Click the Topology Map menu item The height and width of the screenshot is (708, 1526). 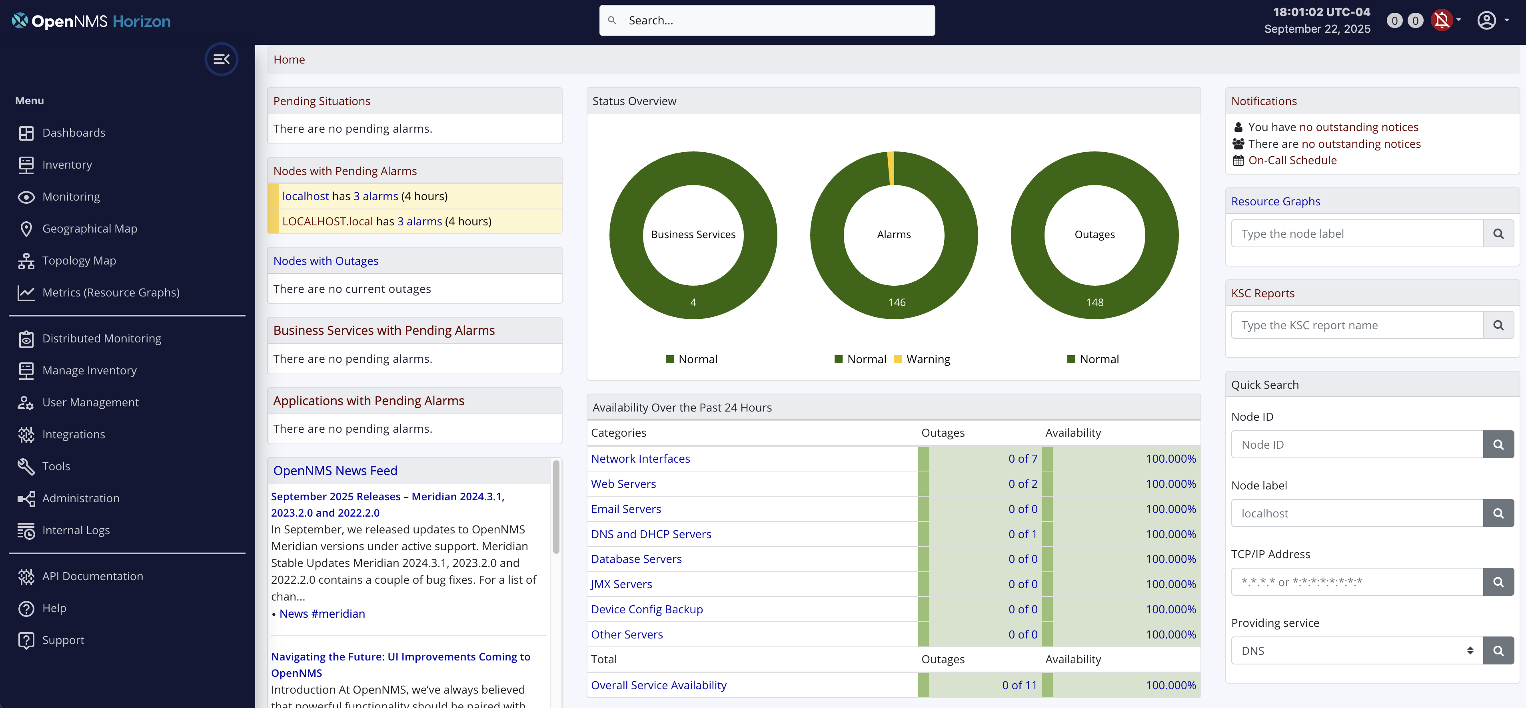click(79, 261)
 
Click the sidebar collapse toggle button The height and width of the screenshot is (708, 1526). click(221, 59)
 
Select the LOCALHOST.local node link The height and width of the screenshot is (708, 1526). click(327, 221)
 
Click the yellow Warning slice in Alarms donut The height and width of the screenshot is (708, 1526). click(891, 169)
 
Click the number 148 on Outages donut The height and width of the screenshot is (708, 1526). click(1094, 302)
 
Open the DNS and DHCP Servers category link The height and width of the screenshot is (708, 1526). click(651, 534)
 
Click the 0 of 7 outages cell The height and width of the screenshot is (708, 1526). click(1023, 459)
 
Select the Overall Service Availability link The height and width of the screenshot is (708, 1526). click(658, 685)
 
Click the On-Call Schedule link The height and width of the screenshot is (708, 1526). click(1292, 161)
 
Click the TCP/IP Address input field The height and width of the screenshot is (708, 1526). click(1356, 582)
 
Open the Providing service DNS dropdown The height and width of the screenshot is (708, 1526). click(1356, 650)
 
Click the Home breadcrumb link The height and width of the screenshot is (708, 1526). click(289, 60)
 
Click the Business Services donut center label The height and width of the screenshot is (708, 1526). click(693, 235)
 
